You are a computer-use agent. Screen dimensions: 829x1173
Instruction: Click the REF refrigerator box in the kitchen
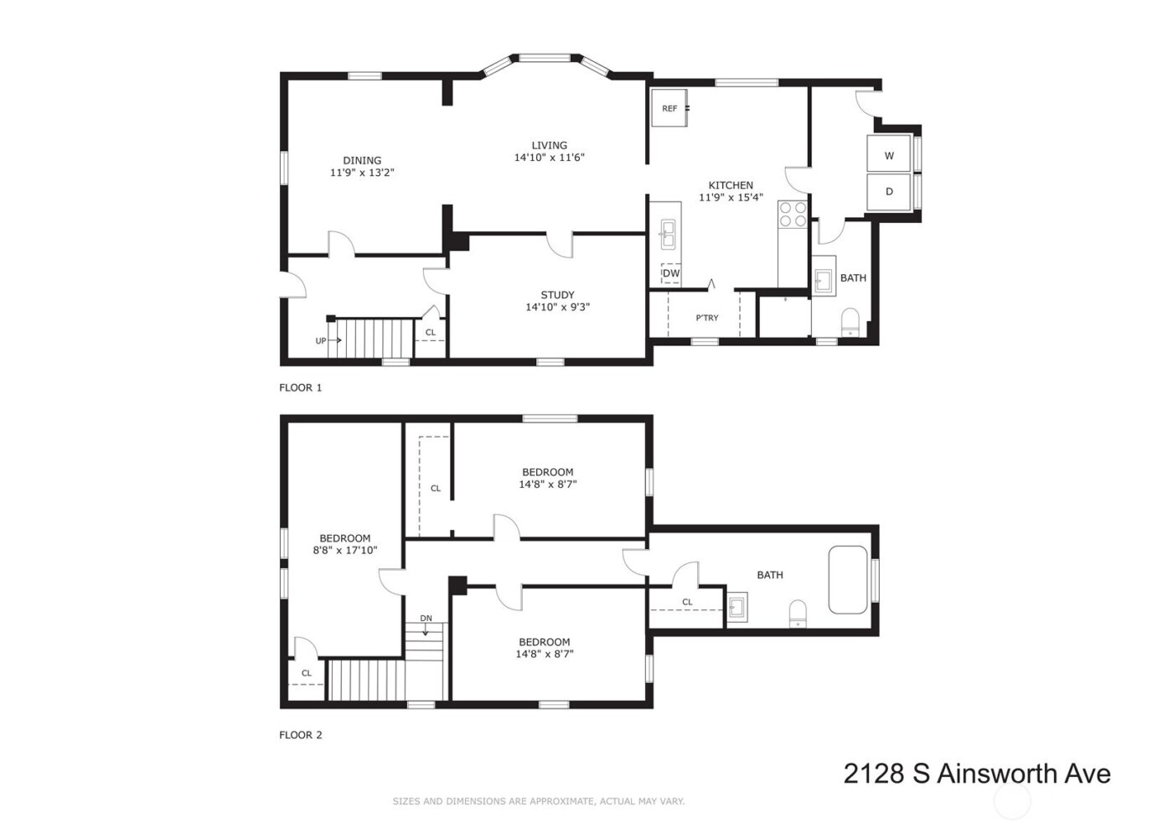pyautogui.click(x=669, y=108)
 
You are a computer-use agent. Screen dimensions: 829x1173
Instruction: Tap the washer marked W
pyautogui.click(x=889, y=155)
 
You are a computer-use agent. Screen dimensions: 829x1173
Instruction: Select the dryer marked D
pyautogui.click(x=889, y=191)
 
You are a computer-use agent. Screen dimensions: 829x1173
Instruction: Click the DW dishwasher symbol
pyautogui.click(x=671, y=273)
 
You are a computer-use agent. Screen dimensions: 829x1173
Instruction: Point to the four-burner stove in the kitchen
pyautogui.click(x=793, y=215)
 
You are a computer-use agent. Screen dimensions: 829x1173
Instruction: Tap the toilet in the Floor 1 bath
pyautogui.click(x=850, y=321)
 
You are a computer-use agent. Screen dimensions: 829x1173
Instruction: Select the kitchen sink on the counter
pyautogui.click(x=668, y=234)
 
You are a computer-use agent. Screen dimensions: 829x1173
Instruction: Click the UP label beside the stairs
pyautogui.click(x=321, y=340)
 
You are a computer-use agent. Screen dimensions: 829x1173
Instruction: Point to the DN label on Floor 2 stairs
pyautogui.click(x=426, y=619)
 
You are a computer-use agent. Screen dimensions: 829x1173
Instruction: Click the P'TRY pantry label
pyautogui.click(x=707, y=318)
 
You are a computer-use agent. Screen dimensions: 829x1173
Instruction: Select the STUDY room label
pyautogui.click(x=557, y=295)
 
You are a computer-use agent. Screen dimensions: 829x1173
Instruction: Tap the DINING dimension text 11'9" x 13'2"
pyautogui.click(x=362, y=173)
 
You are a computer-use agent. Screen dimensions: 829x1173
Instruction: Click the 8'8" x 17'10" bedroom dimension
pyautogui.click(x=344, y=551)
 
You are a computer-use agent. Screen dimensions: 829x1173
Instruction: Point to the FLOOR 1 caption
pyautogui.click(x=300, y=387)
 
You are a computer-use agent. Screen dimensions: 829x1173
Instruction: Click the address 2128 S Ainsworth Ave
pyautogui.click(x=976, y=773)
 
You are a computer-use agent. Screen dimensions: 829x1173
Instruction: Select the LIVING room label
pyautogui.click(x=549, y=145)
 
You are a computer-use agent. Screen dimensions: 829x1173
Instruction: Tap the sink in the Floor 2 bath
pyautogui.click(x=737, y=607)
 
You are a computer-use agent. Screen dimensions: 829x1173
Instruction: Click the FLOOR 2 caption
pyautogui.click(x=300, y=735)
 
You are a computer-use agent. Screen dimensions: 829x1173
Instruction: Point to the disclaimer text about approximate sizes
pyautogui.click(x=539, y=801)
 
